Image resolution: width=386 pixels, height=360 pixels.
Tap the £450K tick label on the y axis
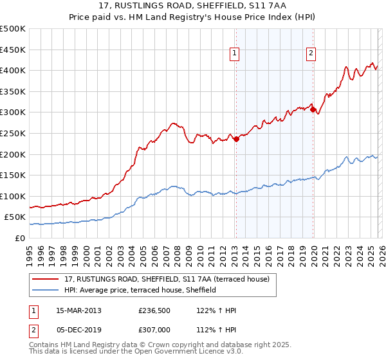(x=13, y=50)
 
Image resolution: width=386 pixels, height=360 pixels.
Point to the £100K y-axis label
(x=13, y=196)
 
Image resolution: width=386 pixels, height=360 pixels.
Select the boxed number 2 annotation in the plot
(x=311, y=54)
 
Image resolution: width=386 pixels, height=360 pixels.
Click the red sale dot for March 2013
(x=236, y=138)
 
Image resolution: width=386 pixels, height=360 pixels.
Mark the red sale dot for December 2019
(x=313, y=109)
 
